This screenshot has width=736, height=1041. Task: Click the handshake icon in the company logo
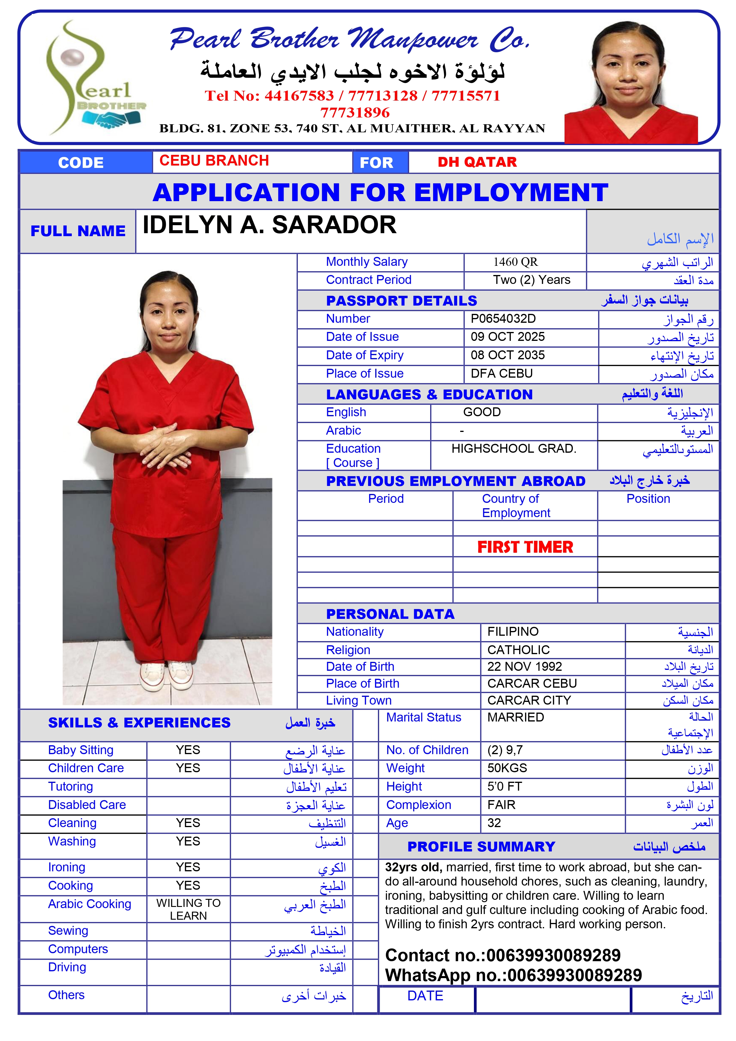[x=112, y=120]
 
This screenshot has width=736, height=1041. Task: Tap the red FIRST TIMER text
[x=525, y=547]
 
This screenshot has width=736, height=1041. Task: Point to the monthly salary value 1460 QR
[x=515, y=262]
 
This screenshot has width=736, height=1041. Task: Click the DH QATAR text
[x=477, y=162]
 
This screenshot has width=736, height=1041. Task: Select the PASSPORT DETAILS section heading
[x=401, y=301]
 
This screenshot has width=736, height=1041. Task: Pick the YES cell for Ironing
[x=188, y=867]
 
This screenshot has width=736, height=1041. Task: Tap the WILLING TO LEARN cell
[x=188, y=909]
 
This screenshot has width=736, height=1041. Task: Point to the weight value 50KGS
[x=507, y=768]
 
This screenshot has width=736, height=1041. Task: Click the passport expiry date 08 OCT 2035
[x=508, y=355]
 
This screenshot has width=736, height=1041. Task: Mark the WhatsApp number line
[x=513, y=975]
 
